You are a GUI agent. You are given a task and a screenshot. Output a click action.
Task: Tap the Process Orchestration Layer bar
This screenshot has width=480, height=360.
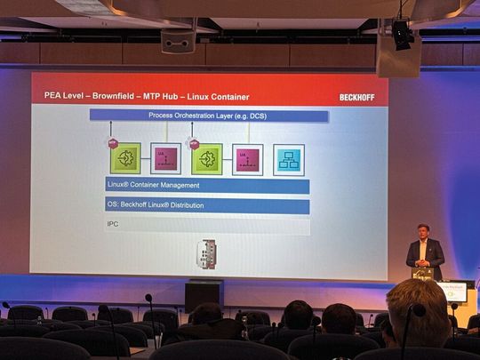pos(209,116)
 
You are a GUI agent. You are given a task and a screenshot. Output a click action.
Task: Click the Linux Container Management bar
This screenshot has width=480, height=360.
pos(207,186)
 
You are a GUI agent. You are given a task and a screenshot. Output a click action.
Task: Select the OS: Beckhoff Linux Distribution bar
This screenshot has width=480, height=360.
pos(207,206)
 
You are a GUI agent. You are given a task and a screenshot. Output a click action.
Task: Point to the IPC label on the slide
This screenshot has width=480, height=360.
pos(113,226)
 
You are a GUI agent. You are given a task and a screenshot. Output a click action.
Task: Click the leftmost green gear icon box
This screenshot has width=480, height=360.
pos(125,158)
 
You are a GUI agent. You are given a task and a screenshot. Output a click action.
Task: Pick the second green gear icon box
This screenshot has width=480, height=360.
pos(207,158)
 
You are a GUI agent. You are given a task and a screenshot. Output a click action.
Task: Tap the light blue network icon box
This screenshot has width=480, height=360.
pos(288,159)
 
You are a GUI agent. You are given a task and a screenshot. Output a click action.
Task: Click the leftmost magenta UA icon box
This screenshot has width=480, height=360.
pos(165,158)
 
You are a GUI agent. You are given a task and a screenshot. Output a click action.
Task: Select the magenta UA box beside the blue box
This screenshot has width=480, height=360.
pos(247,159)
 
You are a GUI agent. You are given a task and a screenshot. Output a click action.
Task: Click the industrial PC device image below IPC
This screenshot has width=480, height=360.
pos(206,253)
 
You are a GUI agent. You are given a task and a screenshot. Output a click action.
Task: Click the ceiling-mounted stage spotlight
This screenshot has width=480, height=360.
pos(403,35)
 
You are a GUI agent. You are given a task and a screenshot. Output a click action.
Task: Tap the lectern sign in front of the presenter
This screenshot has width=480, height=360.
pos(452,292)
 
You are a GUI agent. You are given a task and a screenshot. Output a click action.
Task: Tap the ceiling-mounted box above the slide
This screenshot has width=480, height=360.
pos(178,40)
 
